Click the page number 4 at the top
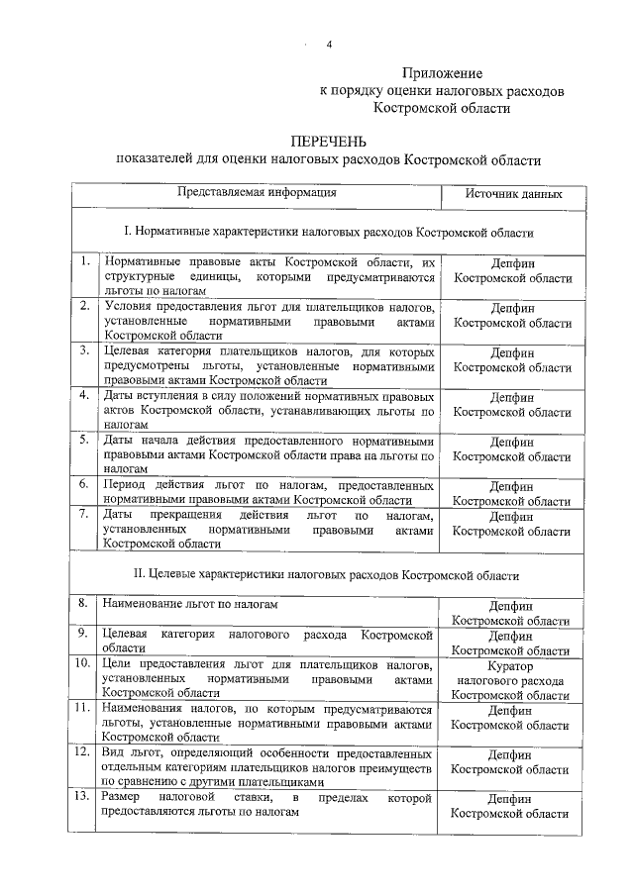(x=328, y=46)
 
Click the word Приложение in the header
(x=442, y=72)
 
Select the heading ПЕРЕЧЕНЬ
(x=329, y=142)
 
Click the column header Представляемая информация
(x=258, y=193)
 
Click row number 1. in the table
(x=87, y=261)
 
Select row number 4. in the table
(x=87, y=396)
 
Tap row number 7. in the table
(x=87, y=514)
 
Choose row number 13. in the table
(x=85, y=797)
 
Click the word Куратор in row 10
(x=511, y=667)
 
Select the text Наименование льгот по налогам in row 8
(x=190, y=603)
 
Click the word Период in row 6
(x=126, y=484)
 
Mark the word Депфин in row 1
(x=511, y=264)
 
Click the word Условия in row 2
(x=129, y=307)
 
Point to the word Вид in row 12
(x=113, y=752)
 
